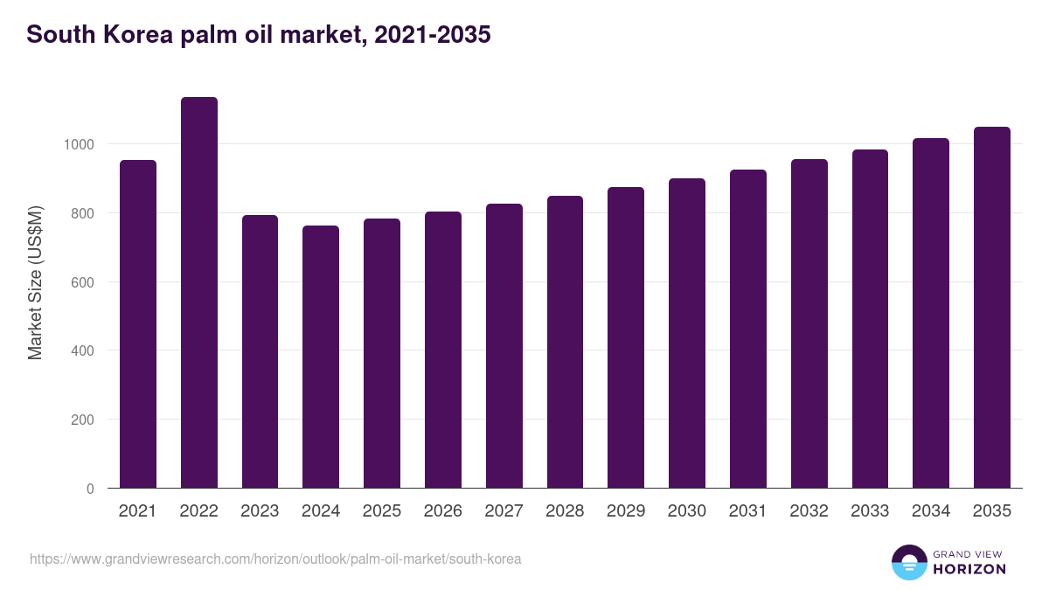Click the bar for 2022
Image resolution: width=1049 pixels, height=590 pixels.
coord(198,293)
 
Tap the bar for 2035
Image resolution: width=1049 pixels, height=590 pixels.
coord(991,308)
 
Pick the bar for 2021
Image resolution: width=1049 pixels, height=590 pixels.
coord(138,324)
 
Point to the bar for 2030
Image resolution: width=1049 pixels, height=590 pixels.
coord(687,333)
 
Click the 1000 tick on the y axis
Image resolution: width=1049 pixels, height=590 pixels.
coord(80,144)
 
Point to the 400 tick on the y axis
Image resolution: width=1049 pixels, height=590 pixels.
coord(83,351)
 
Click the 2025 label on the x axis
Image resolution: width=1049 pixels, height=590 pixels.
coord(382,511)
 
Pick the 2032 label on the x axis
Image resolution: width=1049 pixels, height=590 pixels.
coord(809,511)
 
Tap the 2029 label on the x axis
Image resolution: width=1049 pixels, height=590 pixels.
coord(626,511)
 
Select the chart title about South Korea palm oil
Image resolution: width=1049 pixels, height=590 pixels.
coord(259,35)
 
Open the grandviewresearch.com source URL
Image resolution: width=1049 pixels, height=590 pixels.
coord(275,559)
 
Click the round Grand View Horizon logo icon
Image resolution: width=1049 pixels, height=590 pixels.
coord(909,562)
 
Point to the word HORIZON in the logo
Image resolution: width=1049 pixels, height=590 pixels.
coord(969,569)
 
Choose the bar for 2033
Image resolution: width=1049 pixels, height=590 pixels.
coord(870,319)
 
